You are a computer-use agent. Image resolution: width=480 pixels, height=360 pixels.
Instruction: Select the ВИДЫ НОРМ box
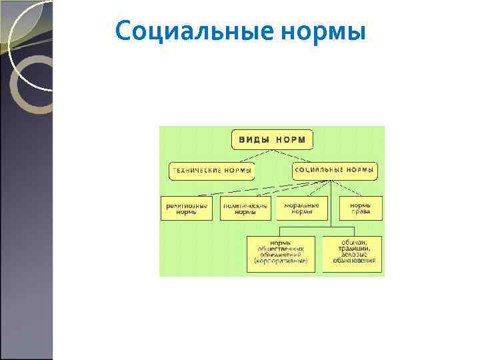(272, 139)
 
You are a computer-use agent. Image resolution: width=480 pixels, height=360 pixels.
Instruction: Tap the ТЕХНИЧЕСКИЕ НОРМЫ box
(212, 171)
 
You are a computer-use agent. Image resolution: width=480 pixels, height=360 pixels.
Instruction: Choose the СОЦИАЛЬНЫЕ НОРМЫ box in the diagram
(335, 171)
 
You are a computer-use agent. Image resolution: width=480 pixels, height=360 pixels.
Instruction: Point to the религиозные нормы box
(187, 209)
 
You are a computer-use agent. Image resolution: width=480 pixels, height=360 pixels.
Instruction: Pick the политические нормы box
(245, 209)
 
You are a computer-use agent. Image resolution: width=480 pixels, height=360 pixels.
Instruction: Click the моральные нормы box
(301, 209)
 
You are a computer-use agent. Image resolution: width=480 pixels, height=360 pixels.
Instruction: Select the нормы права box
(361, 209)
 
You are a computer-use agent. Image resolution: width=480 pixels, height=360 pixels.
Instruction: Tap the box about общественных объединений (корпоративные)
(281, 253)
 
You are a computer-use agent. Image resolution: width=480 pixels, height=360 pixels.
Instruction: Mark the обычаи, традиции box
(353, 253)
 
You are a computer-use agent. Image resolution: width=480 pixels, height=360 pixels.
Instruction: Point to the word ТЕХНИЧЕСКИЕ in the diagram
(197, 171)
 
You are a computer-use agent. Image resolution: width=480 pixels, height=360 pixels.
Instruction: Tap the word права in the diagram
(361, 214)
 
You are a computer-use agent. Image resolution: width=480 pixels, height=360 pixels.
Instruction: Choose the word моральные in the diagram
(301, 205)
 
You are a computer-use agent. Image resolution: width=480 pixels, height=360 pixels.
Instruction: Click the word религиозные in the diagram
(187, 205)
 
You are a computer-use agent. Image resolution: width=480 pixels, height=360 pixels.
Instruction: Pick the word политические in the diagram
(245, 205)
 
